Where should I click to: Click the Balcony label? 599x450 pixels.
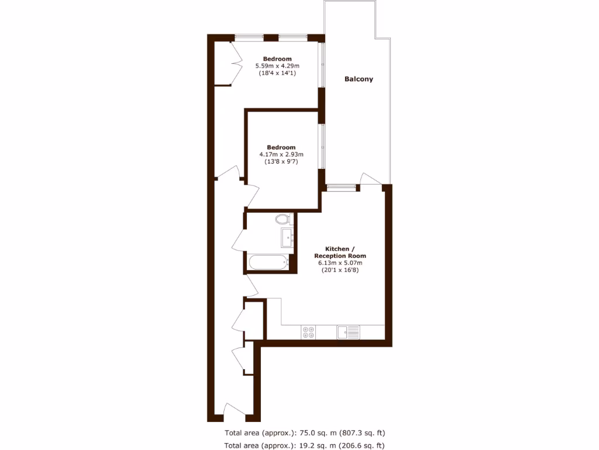tap(359, 79)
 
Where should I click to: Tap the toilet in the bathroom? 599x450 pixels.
tap(284, 220)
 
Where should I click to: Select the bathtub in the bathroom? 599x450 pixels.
tap(267, 262)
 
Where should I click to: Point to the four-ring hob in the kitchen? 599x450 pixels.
tap(308, 332)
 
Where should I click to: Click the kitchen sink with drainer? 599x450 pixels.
tap(348, 332)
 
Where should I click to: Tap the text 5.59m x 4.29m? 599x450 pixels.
tap(277, 66)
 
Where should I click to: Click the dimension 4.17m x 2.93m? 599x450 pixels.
tap(281, 155)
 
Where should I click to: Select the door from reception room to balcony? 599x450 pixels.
tap(370, 179)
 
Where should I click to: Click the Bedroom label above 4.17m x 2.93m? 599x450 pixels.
tap(281, 147)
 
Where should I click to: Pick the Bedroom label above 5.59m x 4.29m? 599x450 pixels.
tap(277, 59)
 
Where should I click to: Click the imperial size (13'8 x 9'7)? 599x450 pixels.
tap(281, 162)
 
